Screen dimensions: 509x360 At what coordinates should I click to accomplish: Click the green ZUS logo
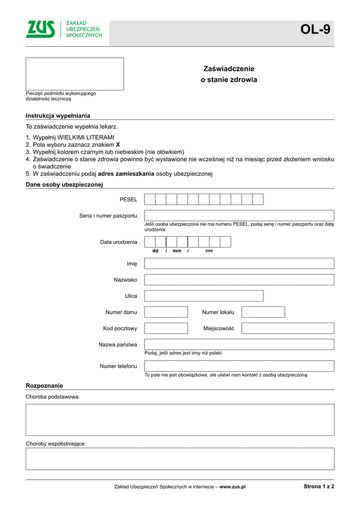tap(40, 29)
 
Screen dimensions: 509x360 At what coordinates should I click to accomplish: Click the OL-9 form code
tap(316, 29)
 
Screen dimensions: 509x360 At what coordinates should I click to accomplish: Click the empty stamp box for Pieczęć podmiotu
tap(74, 74)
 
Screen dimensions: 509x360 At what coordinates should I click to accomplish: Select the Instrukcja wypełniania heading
tap(58, 116)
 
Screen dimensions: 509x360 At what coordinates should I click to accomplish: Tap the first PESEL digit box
tap(150, 199)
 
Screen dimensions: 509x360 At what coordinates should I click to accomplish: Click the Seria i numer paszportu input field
tap(239, 215)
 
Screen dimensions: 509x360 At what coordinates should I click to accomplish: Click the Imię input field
tap(239, 263)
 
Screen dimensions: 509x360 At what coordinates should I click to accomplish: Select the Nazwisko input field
tap(239, 279)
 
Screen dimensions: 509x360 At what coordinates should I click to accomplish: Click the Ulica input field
tap(239, 296)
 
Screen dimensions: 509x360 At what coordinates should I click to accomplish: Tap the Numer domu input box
tap(166, 312)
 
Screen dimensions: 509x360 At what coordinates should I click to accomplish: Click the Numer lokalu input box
tap(263, 312)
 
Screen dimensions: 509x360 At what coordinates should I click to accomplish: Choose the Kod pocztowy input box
tap(166, 328)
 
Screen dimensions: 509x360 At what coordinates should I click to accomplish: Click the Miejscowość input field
tap(287, 328)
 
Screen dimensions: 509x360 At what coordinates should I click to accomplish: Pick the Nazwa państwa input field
tap(239, 344)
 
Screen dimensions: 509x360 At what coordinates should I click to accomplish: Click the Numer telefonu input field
tap(239, 366)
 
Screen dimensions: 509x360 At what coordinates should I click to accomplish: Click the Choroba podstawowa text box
tap(179, 419)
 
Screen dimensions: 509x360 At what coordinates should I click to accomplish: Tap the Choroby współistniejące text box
tap(179, 459)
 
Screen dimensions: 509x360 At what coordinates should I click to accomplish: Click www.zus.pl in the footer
tap(233, 487)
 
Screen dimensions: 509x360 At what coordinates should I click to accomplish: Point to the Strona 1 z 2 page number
tap(319, 487)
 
